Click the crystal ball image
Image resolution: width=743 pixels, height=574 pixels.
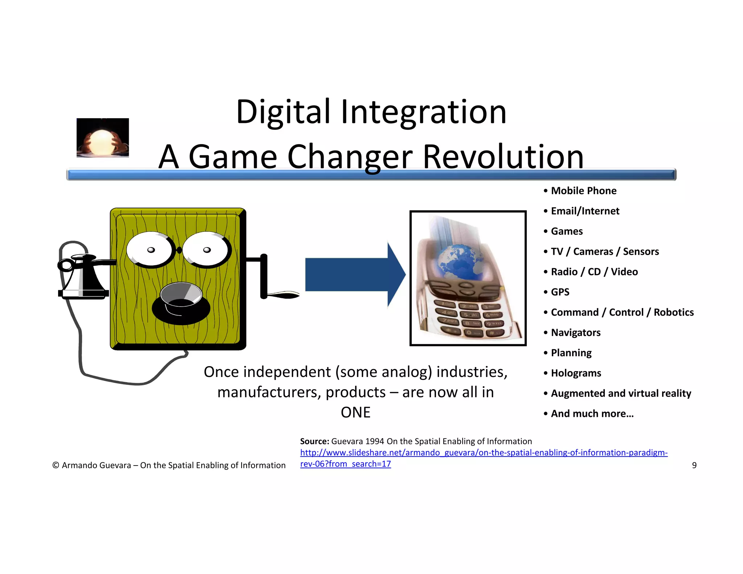pyautogui.click(x=102, y=138)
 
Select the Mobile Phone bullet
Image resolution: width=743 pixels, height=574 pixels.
pyautogui.click(x=583, y=191)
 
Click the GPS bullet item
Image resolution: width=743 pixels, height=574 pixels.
pyautogui.click(x=560, y=292)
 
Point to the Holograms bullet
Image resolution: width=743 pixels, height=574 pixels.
pyautogui.click(x=576, y=373)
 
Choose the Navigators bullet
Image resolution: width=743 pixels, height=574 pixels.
pyautogui.click(x=575, y=333)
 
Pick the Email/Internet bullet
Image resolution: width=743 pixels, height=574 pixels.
pyautogui.click(x=585, y=211)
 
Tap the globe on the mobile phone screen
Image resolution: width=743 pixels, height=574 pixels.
pyautogui.click(x=458, y=261)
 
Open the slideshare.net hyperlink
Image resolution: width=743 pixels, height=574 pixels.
pyautogui.click(x=483, y=453)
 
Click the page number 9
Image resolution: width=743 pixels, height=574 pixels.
pyautogui.click(x=694, y=466)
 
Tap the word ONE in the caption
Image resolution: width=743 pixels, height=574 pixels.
pyautogui.click(x=356, y=413)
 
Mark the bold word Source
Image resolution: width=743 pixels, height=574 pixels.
pyautogui.click(x=314, y=442)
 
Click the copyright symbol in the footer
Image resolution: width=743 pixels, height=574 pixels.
pyautogui.click(x=56, y=466)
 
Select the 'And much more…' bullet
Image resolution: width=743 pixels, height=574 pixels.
pyautogui.click(x=592, y=414)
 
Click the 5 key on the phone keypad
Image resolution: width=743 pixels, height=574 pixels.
pyautogui.click(x=470, y=314)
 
